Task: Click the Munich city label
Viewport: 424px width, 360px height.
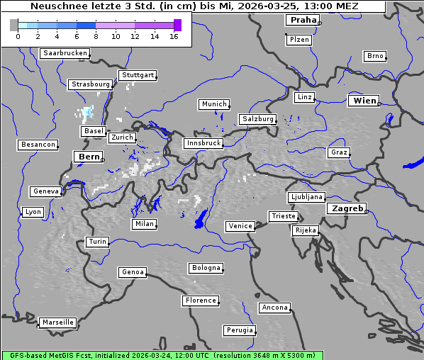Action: point(214,104)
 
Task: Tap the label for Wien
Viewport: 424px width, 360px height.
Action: point(364,101)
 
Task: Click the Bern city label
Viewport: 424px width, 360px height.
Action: point(89,156)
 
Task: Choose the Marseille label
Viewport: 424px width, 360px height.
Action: point(57,322)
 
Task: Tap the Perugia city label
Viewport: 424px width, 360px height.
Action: point(240,330)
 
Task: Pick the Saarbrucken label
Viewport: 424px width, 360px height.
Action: point(65,53)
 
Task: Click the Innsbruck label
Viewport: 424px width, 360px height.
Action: point(203,143)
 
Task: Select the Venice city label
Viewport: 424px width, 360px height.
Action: point(240,226)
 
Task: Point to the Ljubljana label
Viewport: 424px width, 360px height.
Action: point(306,197)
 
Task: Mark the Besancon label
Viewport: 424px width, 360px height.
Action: point(38,145)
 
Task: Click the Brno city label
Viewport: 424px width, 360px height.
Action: point(375,56)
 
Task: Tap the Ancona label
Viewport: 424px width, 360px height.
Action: point(274,308)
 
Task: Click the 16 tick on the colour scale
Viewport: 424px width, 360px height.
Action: point(174,35)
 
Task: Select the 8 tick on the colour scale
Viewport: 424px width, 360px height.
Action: point(96,35)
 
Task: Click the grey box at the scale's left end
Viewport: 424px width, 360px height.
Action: point(14,25)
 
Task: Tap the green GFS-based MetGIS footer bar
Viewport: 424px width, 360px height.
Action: point(162,355)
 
